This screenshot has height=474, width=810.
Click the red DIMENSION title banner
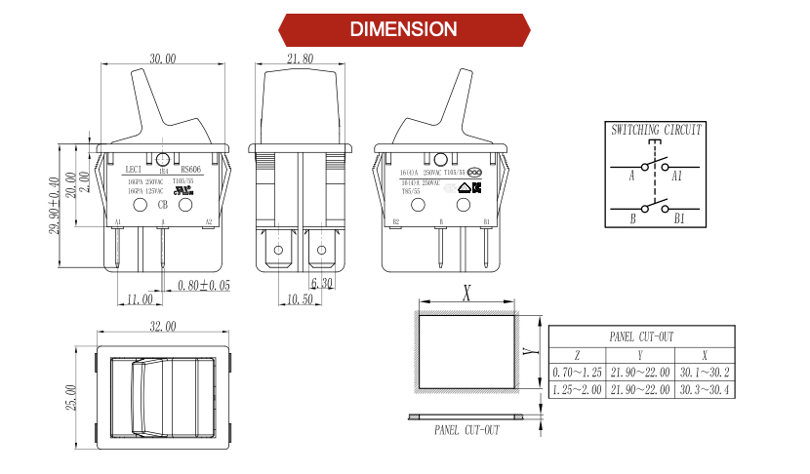coord(404,29)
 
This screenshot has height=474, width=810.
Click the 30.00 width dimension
coord(163,59)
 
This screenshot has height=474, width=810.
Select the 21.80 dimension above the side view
coord(301,59)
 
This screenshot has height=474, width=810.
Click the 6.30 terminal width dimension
coord(322,283)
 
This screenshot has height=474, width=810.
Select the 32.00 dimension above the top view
coord(163,325)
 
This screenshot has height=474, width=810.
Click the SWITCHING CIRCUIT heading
coord(656,130)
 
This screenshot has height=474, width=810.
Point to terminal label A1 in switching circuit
coord(677,176)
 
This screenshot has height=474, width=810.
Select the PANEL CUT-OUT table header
coord(641,336)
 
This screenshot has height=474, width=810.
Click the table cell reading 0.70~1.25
coord(577,373)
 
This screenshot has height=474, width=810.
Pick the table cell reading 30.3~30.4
coord(706,390)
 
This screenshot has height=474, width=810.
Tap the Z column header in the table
coord(577,355)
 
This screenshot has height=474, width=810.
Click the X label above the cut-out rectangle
coord(467,291)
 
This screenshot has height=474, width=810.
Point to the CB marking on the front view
coord(162,206)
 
